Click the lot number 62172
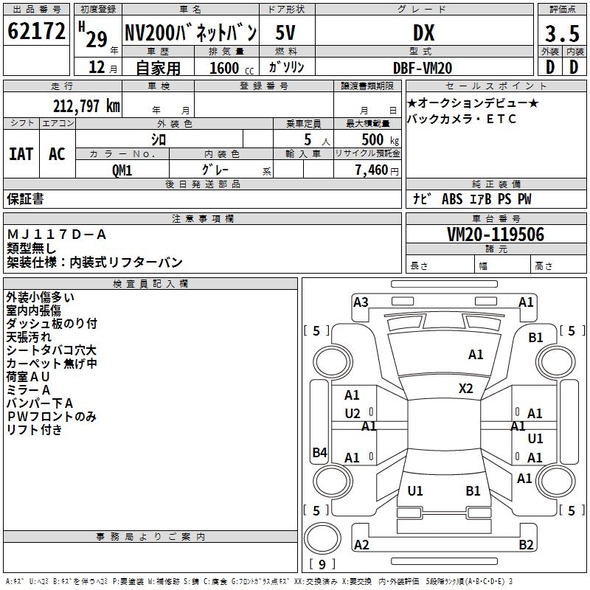(36, 32)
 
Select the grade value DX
(423, 33)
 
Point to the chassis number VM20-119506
(496, 235)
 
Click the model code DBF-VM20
(423, 68)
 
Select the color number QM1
(122, 170)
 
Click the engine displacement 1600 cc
(223, 68)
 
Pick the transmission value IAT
(21, 153)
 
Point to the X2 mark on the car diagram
(466, 388)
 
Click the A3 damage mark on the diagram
(361, 302)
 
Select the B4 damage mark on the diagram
(319, 453)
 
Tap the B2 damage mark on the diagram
(526, 545)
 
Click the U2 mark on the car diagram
(353, 413)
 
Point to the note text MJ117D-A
(57, 235)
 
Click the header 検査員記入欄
(150, 284)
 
